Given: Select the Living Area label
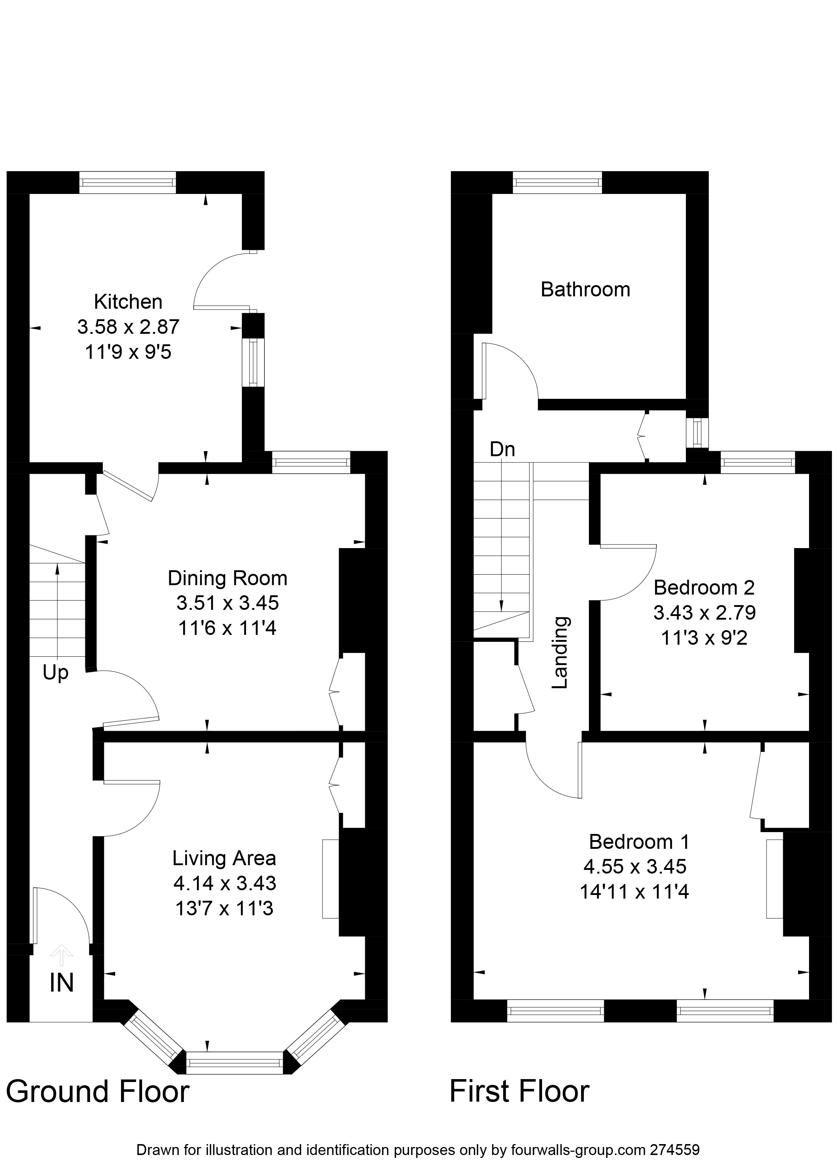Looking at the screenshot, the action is click(224, 858).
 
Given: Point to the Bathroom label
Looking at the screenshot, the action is click(585, 290).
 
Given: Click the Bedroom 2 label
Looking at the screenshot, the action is click(704, 588).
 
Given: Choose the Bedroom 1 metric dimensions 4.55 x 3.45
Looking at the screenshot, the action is click(635, 867).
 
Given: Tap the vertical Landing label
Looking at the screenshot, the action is click(560, 652).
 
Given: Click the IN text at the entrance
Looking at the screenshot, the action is click(61, 982).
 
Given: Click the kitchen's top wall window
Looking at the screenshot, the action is click(128, 183).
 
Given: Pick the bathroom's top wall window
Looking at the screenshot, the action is click(558, 183).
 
